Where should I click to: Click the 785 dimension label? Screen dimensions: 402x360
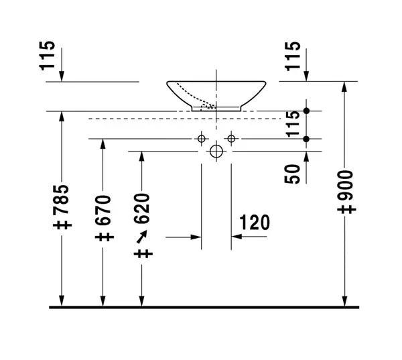pos(62,199)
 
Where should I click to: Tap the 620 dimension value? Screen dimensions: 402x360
pos(142,208)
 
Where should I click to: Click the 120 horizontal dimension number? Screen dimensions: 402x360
pos(255,223)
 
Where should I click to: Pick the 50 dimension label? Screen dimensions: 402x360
pos(292,174)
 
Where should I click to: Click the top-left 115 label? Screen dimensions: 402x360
pos(47,56)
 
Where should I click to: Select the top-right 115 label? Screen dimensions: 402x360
pos(293,56)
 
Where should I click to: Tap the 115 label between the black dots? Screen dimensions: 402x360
pos(293,124)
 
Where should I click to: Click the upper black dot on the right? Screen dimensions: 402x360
pos(306,111)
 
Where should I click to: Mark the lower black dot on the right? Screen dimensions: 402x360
pos(306,139)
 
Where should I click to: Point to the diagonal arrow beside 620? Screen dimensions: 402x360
pos(142,237)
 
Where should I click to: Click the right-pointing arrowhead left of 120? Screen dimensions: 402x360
pos(196,237)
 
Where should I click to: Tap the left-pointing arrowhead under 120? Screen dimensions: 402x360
pos(237,237)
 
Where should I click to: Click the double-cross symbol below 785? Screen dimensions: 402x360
pos(62,225)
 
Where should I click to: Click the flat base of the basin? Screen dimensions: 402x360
pos(216,111)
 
